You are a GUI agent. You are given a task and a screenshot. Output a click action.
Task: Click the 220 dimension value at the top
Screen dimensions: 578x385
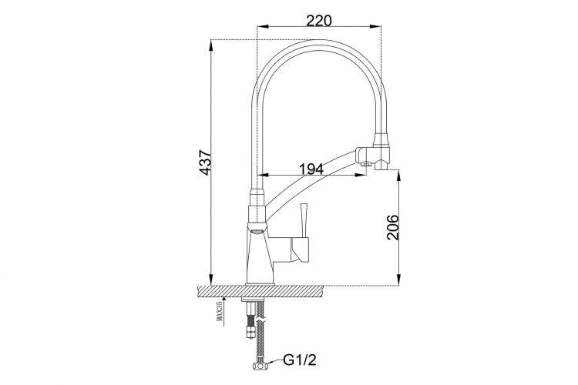click(319, 21)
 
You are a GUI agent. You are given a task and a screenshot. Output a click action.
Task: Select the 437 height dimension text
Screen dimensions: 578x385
click(205, 162)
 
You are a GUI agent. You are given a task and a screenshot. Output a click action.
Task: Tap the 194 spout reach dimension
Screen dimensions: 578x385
click(311, 169)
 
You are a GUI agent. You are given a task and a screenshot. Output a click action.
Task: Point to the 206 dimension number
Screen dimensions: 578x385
click(393, 227)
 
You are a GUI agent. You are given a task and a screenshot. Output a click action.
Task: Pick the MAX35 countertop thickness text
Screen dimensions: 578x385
click(220, 312)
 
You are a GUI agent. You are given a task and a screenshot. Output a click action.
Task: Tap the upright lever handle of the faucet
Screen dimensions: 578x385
click(304, 220)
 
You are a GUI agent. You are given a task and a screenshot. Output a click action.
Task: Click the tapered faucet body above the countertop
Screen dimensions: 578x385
click(260, 258)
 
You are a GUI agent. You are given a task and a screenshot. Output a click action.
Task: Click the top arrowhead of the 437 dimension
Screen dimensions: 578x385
click(211, 45)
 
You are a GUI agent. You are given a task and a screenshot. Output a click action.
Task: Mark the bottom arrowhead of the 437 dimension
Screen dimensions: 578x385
click(211, 280)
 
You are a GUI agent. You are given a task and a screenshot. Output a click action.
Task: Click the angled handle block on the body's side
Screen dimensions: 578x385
click(300, 249)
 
